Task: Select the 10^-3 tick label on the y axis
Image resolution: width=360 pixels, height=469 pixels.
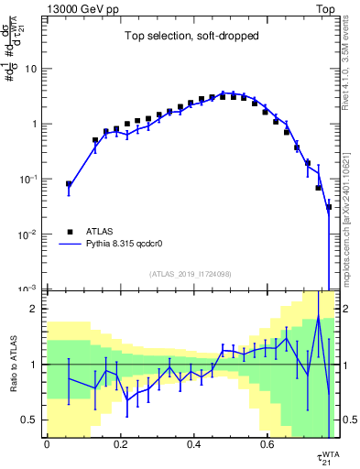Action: point(28,289)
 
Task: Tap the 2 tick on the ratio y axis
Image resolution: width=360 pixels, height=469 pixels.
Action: point(35,309)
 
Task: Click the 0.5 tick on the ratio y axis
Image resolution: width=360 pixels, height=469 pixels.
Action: point(31,420)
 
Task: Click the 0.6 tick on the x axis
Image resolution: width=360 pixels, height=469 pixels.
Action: point(267,443)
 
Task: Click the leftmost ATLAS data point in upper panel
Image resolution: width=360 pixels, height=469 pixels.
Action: point(69,184)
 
